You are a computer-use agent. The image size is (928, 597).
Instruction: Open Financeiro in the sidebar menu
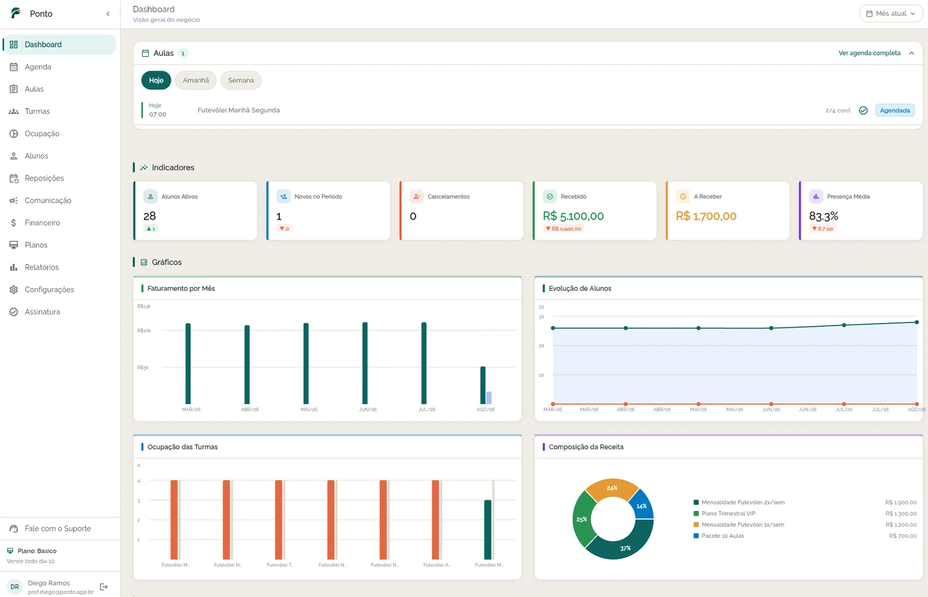(42, 223)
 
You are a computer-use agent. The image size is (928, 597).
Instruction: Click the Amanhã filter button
(196, 80)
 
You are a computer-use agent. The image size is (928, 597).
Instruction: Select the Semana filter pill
(241, 80)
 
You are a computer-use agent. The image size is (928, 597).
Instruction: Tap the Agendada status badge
(895, 110)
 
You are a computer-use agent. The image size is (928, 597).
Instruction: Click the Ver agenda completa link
(869, 53)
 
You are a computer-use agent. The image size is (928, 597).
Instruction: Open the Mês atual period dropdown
(891, 14)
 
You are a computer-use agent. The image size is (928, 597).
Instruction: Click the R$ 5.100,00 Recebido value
(573, 216)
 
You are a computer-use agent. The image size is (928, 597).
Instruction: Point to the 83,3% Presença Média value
(824, 216)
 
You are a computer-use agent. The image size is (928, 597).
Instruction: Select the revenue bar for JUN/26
(365, 363)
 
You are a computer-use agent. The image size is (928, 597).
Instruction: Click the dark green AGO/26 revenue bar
(483, 385)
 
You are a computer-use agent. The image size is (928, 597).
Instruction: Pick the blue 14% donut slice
(642, 504)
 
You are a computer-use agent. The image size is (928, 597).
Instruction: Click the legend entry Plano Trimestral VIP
(728, 514)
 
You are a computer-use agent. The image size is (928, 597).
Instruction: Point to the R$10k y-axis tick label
(144, 330)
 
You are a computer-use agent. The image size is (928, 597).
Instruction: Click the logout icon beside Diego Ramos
(104, 587)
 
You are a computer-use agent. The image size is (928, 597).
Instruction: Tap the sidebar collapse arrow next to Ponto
(108, 14)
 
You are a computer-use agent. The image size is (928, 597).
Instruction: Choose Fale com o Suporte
(57, 529)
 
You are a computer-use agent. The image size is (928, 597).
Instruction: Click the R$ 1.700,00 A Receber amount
(706, 216)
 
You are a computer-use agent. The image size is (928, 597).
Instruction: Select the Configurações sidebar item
(49, 290)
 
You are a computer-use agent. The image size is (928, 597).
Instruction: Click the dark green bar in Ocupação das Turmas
(488, 530)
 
